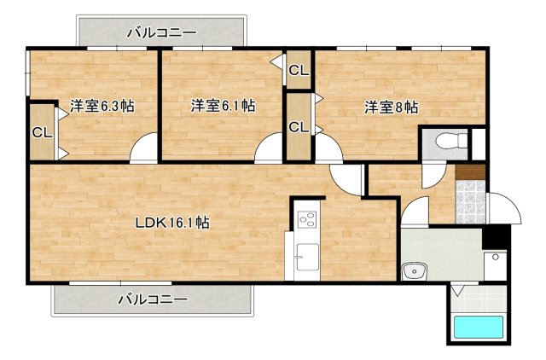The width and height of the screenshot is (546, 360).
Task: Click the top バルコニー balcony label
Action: coord(162,33)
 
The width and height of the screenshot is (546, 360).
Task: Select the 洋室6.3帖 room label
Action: coord(102,107)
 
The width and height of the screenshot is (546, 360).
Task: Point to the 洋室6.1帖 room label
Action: coord(223,107)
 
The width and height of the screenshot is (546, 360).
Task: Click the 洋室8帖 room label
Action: coord(392,107)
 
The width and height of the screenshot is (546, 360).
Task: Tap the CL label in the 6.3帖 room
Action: coord(42,132)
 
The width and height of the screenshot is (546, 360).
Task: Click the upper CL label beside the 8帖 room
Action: coord(298,71)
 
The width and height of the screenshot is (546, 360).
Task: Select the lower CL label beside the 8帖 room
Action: coord(298,128)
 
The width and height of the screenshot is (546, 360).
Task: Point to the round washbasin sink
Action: coord(415,271)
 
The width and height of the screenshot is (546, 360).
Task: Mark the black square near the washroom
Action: coord(494,236)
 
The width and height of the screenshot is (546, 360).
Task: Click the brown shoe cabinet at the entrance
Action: coord(470,171)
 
